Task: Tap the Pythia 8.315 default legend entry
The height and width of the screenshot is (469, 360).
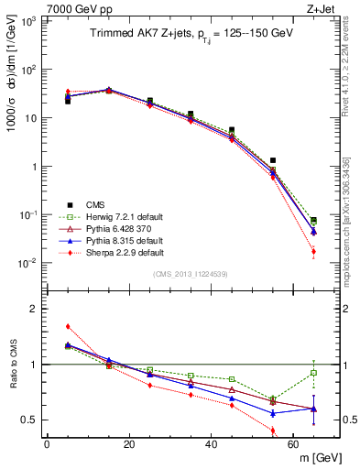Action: click(x=118, y=239)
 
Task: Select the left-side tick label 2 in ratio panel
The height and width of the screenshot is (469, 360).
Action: click(x=31, y=310)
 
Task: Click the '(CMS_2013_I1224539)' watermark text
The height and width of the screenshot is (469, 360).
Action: click(x=189, y=274)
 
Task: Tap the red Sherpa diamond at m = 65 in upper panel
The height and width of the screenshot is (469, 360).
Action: click(x=314, y=251)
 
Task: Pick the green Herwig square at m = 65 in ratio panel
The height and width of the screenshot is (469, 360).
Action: click(x=314, y=372)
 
